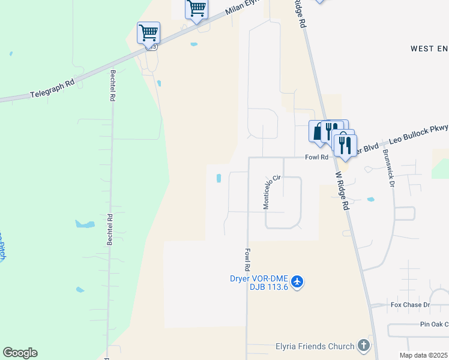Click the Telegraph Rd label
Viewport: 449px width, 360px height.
pyautogui.click(x=53, y=88)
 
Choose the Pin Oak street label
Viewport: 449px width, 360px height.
pyautogui.click(x=433, y=324)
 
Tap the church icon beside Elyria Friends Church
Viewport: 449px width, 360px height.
pyautogui.click(x=363, y=346)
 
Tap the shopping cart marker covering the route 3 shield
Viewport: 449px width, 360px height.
pyautogui.click(x=148, y=32)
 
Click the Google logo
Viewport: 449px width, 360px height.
pyautogui.click(x=20, y=353)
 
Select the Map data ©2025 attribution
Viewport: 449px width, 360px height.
pyautogui.click(x=423, y=355)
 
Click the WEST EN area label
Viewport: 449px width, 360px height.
pyautogui.click(x=429, y=48)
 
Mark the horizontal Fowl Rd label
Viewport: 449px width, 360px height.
pyautogui.click(x=316, y=157)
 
